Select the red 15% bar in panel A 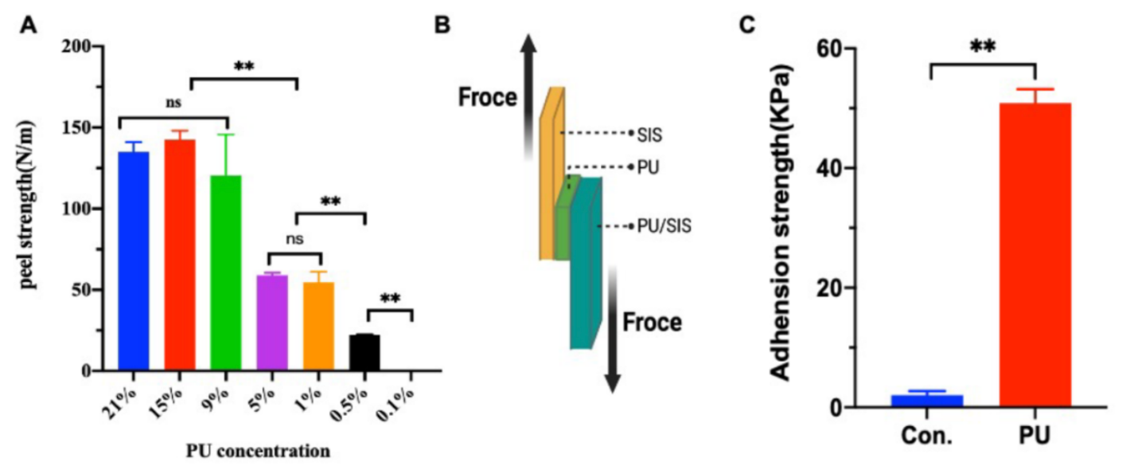[x=180, y=255]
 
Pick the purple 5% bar [x=272, y=323]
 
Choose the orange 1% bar [x=318, y=327]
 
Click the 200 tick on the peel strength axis [x=76, y=46]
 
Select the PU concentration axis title [x=258, y=452]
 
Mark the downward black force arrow [x=612, y=327]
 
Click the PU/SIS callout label [x=664, y=227]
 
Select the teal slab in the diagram [x=586, y=263]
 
